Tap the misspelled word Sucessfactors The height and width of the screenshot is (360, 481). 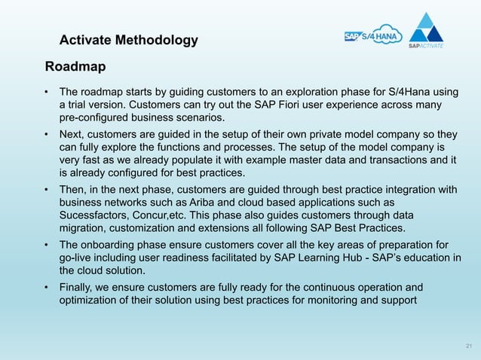point(94,215)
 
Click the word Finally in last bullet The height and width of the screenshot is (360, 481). point(78,288)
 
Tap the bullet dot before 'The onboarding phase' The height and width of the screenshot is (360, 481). point(47,246)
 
